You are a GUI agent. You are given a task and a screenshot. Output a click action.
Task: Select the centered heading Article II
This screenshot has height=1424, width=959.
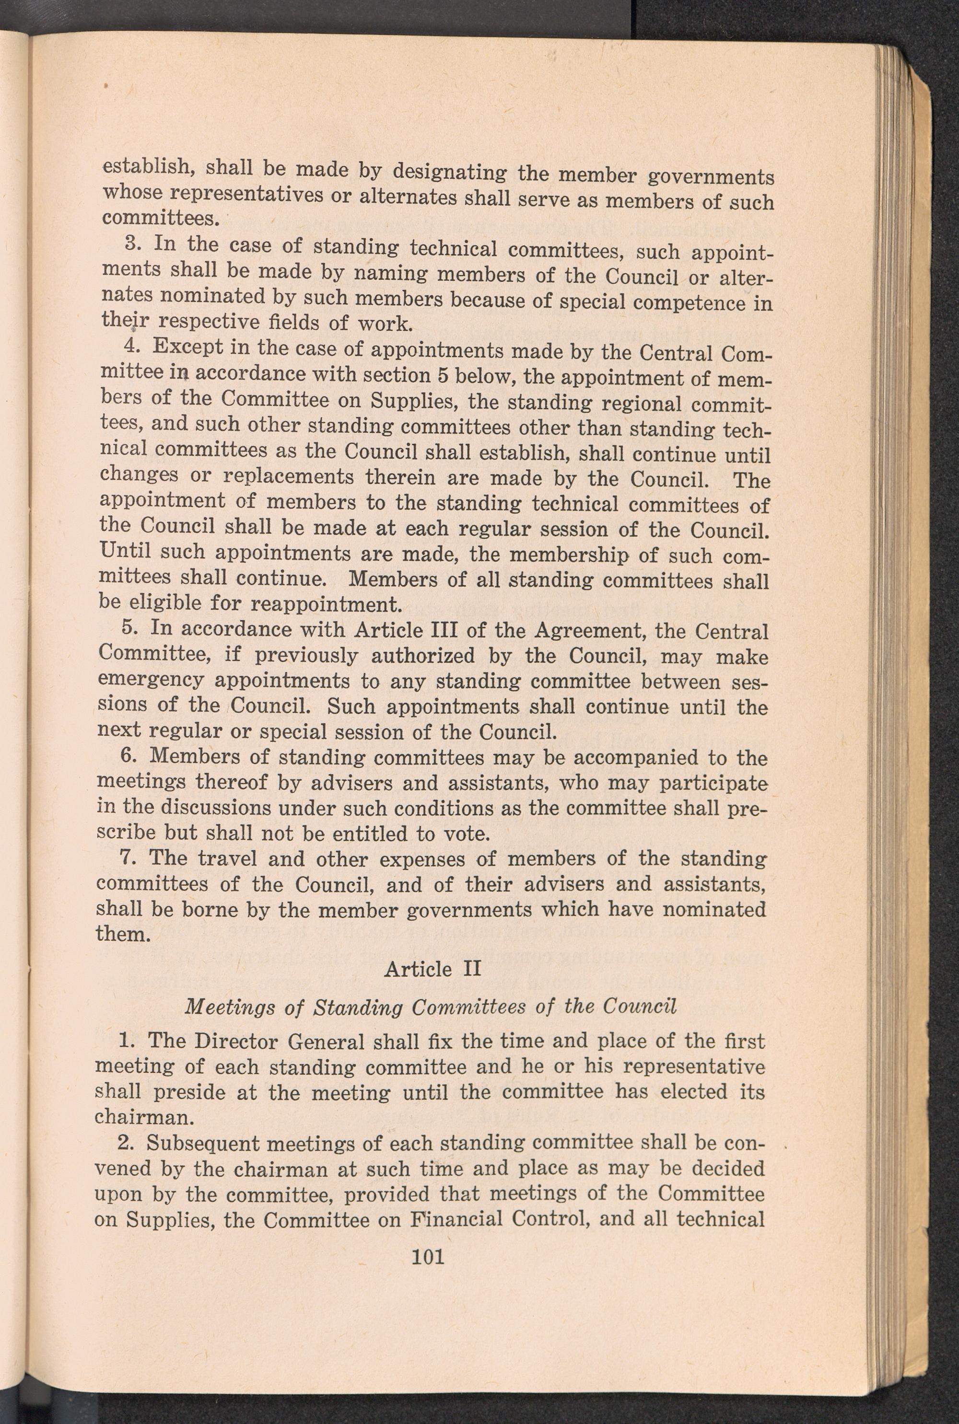433,969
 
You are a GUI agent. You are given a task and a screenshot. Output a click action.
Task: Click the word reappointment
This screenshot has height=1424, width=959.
327,604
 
